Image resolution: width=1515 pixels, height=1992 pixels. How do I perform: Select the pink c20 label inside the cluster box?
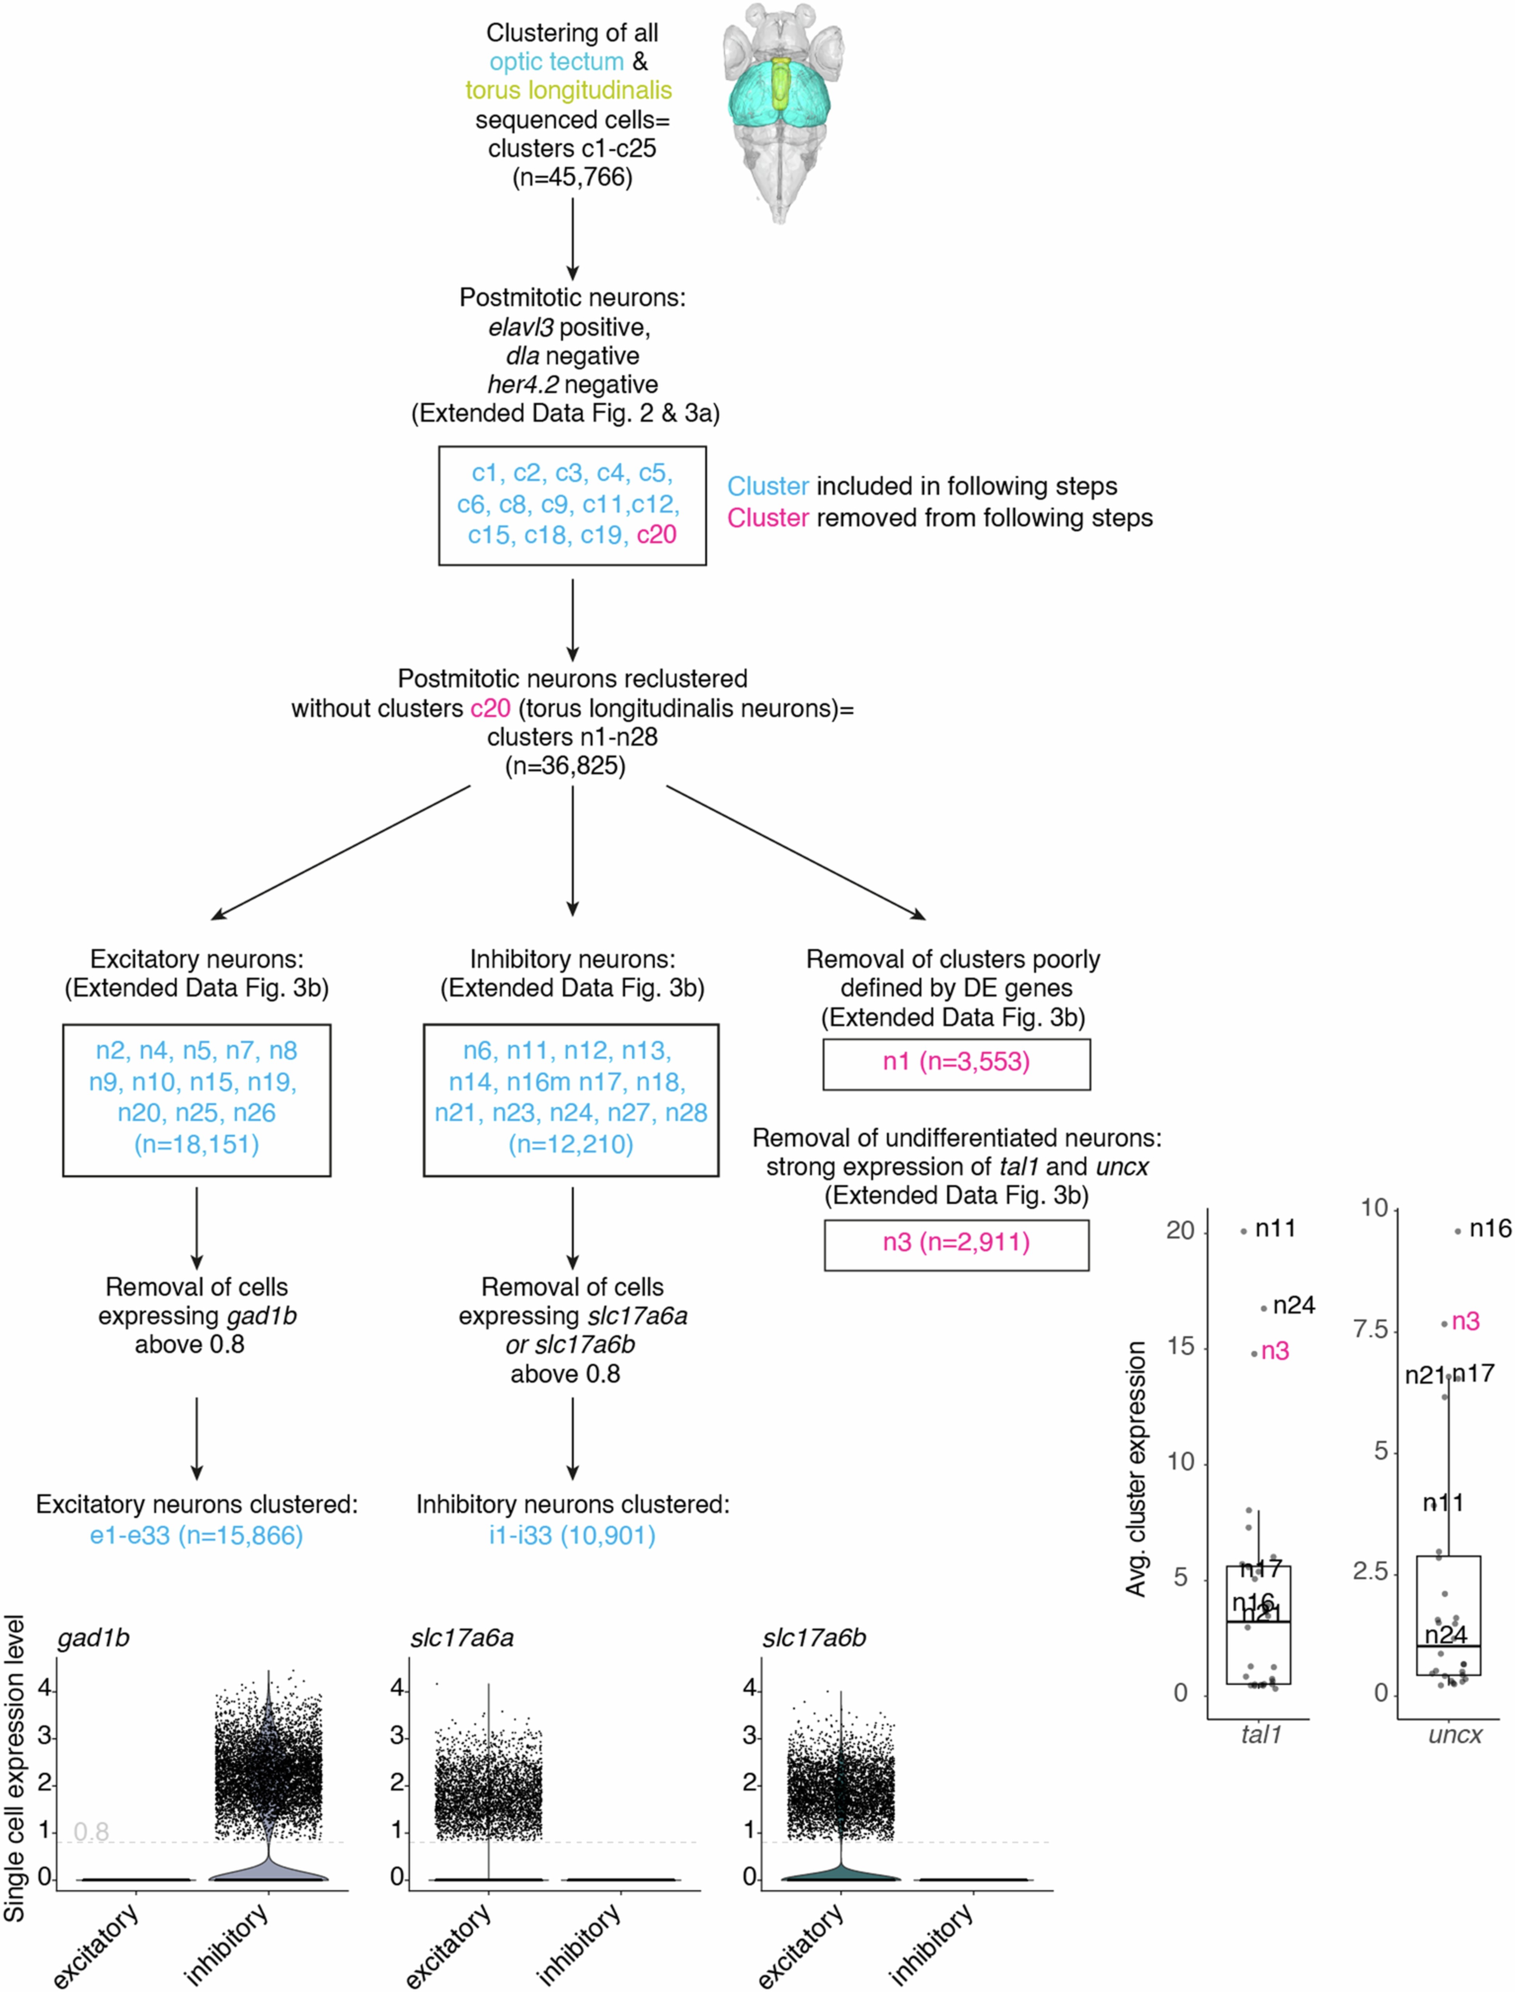[x=656, y=535]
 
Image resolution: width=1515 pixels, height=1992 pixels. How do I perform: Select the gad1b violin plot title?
[x=93, y=1638]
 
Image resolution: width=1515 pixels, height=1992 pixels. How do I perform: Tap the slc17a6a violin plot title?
[x=462, y=1638]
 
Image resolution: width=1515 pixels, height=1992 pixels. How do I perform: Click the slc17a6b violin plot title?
[x=814, y=1638]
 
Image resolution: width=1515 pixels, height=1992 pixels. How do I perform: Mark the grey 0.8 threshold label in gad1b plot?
[x=91, y=1831]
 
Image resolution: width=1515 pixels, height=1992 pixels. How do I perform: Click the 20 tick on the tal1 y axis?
[x=1179, y=1231]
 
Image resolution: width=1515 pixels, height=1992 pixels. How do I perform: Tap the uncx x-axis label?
[x=1455, y=1735]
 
